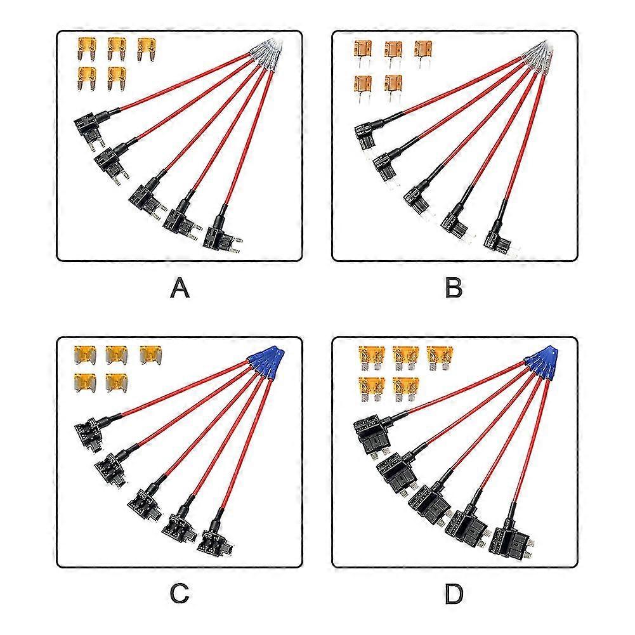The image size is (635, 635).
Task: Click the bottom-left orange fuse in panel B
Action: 363,84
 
